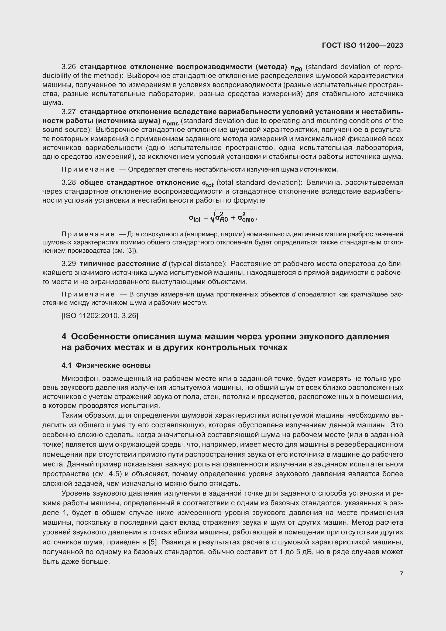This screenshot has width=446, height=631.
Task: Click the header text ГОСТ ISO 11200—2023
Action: pos(362,45)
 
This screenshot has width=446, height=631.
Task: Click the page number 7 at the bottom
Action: pos(401,574)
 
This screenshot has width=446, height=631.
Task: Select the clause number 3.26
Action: pos(69,67)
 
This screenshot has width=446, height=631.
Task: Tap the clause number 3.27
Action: pos(69,112)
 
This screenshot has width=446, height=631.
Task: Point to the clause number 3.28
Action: pos(69,182)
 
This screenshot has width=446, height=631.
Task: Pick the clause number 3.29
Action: pos(69,264)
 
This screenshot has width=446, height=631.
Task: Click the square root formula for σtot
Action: pos(223,217)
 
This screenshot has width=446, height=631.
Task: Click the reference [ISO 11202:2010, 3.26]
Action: pos(100,316)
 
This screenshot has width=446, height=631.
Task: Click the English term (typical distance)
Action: pos(197,264)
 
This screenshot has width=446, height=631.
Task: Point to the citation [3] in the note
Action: pos(132,251)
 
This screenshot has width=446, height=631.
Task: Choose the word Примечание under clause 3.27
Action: pos(88,170)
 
